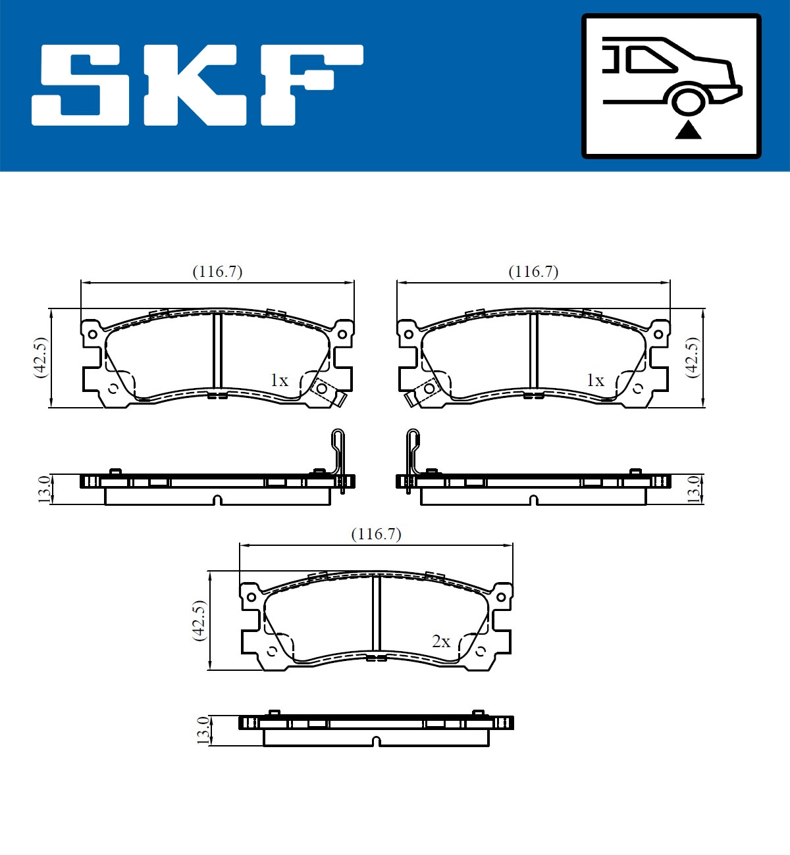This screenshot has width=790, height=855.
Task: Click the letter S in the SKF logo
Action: [x=82, y=85]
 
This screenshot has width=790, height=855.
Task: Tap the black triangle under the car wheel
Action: [x=688, y=130]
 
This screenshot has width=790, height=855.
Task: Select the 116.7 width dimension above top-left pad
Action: [x=217, y=272]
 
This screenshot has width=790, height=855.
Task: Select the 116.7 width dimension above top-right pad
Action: [x=533, y=272]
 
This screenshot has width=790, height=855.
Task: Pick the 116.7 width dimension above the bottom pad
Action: [x=376, y=534]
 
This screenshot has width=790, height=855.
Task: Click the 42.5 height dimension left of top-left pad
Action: [x=41, y=357]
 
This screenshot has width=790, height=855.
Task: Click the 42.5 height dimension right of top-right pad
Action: [x=692, y=357]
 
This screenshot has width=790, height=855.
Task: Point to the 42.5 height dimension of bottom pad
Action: [x=199, y=620]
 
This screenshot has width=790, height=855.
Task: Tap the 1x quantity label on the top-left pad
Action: [x=279, y=380]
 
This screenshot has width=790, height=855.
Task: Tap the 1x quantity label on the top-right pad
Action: [x=595, y=380]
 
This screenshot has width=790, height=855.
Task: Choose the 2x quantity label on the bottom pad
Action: [x=441, y=641]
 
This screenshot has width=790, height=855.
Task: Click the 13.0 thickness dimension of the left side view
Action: [x=44, y=489]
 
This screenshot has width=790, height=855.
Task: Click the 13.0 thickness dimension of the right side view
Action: [x=693, y=489]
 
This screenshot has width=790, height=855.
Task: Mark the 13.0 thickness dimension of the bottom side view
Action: [x=203, y=730]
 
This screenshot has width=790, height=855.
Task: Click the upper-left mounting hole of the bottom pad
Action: [x=251, y=597]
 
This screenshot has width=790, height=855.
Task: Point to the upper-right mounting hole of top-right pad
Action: [x=658, y=334]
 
